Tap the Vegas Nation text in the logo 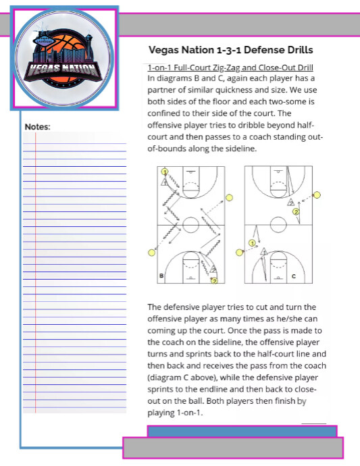(61, 70)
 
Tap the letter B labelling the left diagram (161, 276)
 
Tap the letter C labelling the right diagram (293, 276)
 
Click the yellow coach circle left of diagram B (151, 252)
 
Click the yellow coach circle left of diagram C (239, 252)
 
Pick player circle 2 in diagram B (214, 280)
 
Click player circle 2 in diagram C (295, 211)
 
